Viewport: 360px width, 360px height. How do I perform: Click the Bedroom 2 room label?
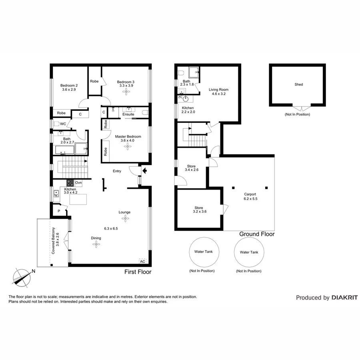click(x=69, y=85)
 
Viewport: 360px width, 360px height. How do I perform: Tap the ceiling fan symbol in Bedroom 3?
click(x=127, y=92)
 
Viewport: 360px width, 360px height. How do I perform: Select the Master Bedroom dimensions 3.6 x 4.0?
click(x=128, y=140)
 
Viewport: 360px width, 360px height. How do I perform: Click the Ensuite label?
click(x=128, y=114)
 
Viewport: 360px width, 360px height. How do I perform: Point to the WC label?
click(x=63, y=124)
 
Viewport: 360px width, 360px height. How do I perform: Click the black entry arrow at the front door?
click(x=144, y=171)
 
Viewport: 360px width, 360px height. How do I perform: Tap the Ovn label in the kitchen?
click(x=78, y=183)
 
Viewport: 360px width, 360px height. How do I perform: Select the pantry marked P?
click(x=58, y=211)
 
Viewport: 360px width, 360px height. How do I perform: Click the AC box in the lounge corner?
click(x=142, y=261)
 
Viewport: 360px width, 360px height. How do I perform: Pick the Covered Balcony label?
click(x=54, y=239)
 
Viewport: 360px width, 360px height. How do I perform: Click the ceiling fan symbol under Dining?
click(x=96, y=244)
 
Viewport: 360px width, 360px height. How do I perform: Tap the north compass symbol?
click(x=22, y=276)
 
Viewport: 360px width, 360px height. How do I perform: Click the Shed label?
click(x=298, y=84)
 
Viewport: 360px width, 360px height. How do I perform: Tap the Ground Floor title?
click(x=257, y=234)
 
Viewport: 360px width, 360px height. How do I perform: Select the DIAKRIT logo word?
click(x=344, y=298)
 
